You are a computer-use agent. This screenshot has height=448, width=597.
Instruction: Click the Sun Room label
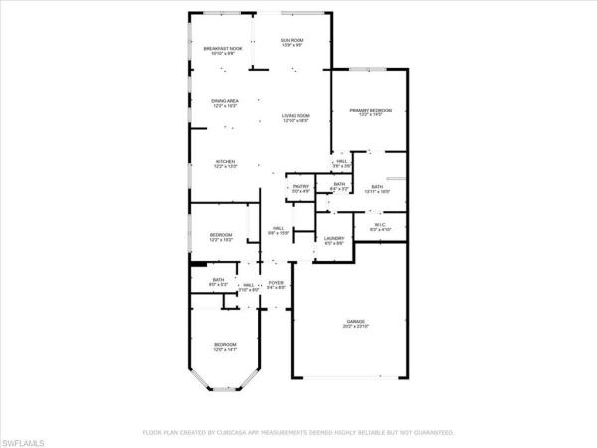tap(292, 42)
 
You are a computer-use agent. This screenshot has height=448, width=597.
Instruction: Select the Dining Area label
tap(224, 102)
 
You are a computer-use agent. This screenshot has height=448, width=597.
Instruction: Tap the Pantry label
tap(300, 187)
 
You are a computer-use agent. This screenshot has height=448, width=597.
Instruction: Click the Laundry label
tap(334, 240)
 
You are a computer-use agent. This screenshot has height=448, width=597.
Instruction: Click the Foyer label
tap(276, 285)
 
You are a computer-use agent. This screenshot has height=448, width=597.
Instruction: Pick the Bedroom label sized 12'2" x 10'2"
tap(220, 237)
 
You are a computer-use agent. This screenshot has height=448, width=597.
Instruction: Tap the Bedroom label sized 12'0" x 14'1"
tap(225, 347)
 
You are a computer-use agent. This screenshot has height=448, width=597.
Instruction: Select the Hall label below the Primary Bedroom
tap(340, 163)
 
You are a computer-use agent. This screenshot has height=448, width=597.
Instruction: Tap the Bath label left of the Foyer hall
tap(218, 282)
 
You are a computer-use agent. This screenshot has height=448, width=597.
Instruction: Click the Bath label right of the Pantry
tap(339, 185)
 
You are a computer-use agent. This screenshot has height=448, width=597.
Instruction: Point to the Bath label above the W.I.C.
tap(377, 188)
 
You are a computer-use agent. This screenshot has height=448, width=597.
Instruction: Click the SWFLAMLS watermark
tap(24, 438)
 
